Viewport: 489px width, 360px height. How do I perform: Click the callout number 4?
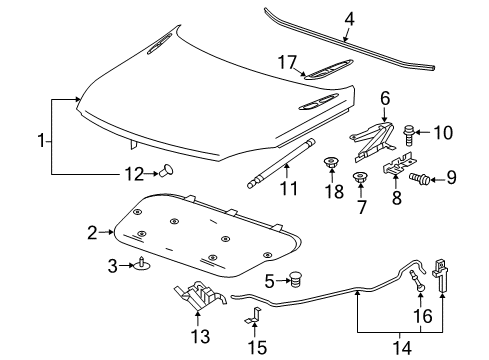click(x=349, y=17)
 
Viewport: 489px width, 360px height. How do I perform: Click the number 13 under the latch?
click(x=202, y=335)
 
